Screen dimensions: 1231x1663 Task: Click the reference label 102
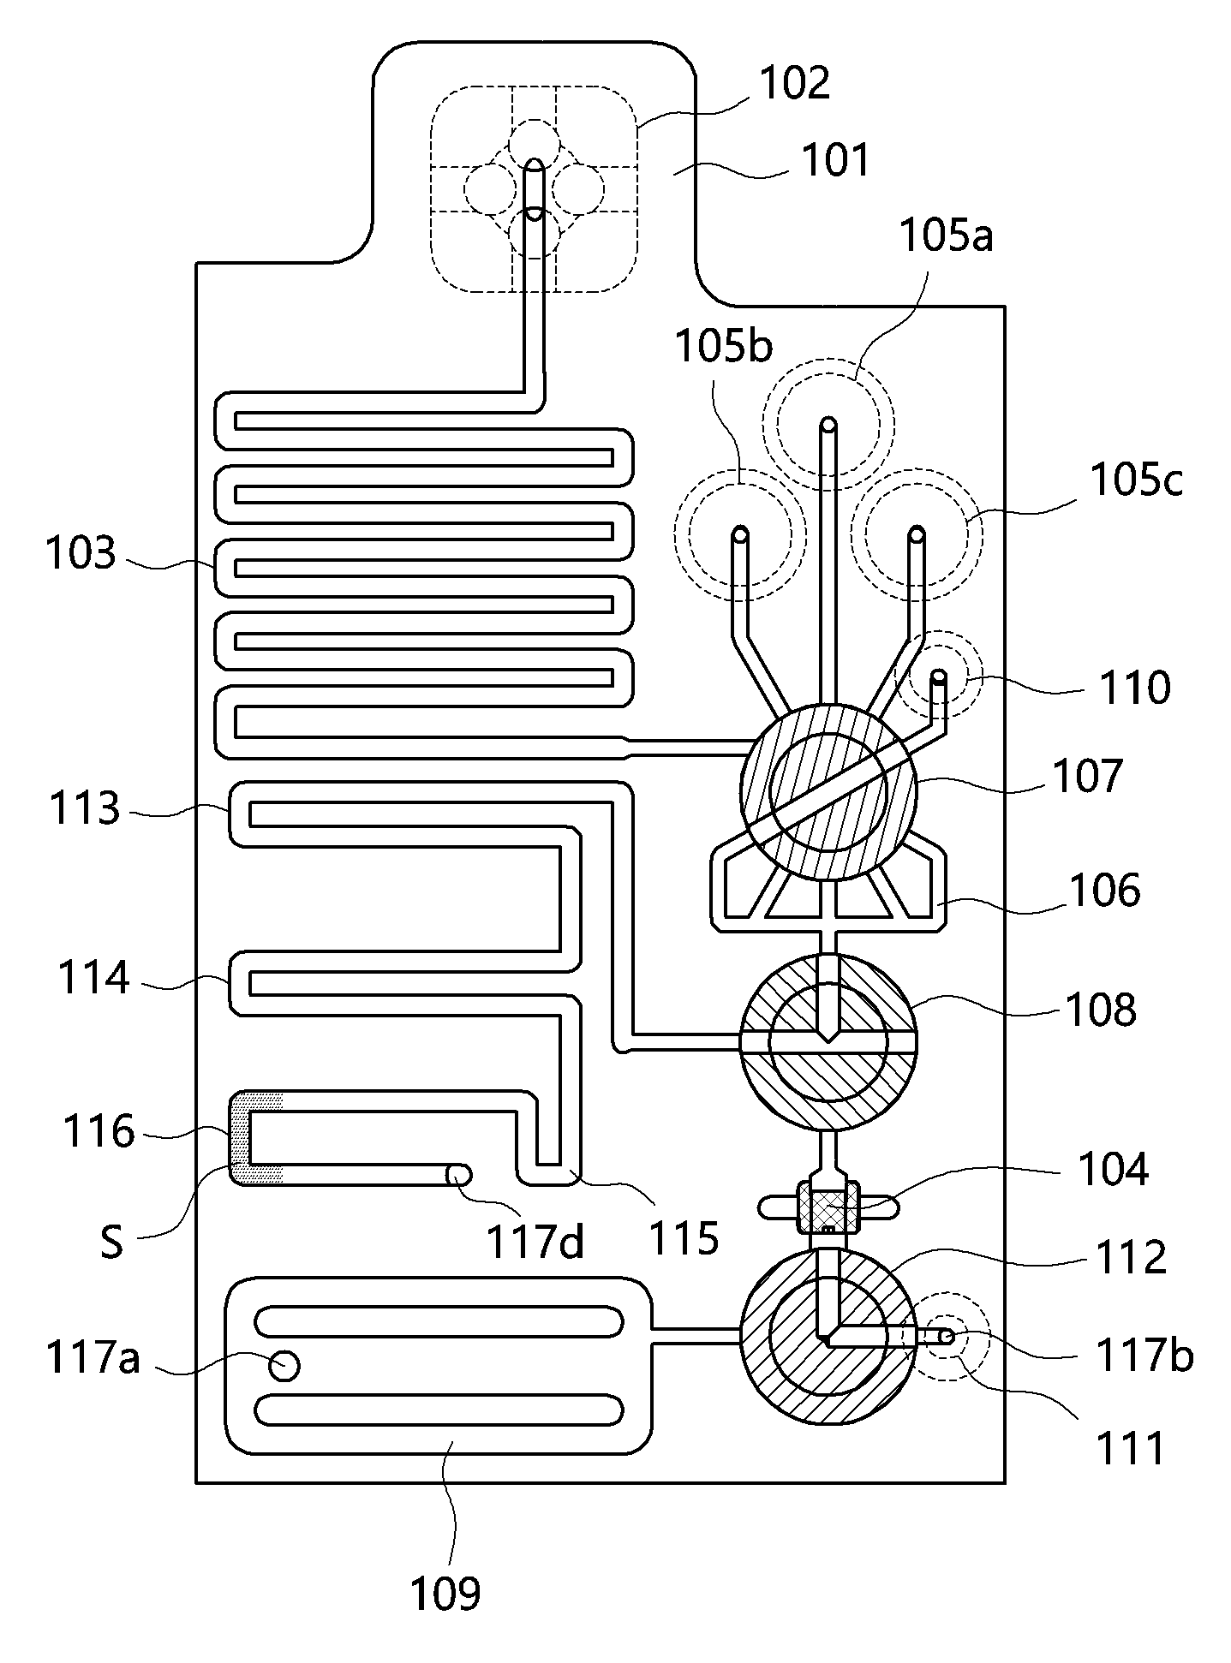coord(795,84)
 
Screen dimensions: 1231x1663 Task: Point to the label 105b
coord(724,346)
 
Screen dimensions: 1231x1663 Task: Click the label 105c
coord(1136,480)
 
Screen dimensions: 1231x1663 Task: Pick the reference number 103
coord(80,554)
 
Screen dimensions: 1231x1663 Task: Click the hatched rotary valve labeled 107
coord(828,792)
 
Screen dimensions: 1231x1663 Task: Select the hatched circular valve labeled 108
coord(828,1041)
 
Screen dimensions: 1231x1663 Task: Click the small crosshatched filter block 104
coord(828,1207)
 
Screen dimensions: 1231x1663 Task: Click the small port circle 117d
coord(459,1174)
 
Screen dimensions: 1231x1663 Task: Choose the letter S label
coord(111,1243)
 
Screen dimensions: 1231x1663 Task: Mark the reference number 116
coord(99,1132)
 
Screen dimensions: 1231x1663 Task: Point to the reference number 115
coord(684,1237)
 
